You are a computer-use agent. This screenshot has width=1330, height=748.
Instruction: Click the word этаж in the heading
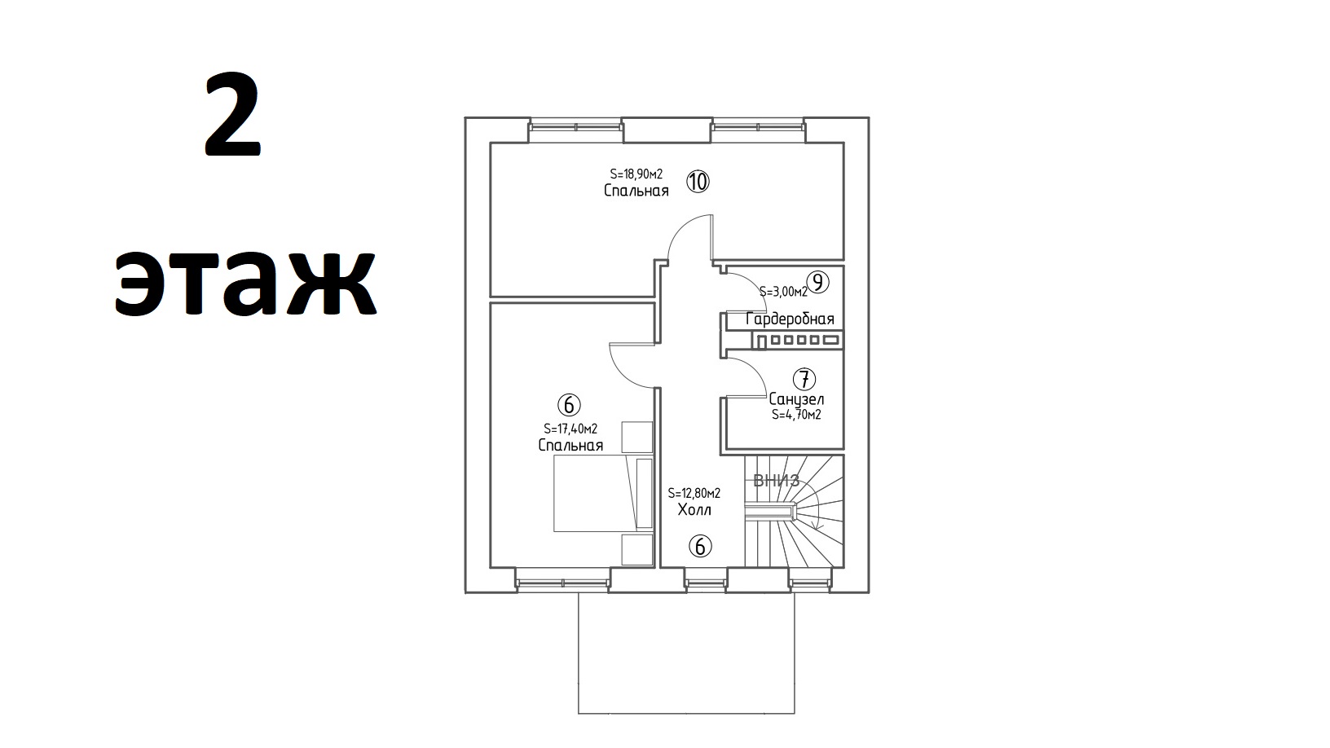(245, 284)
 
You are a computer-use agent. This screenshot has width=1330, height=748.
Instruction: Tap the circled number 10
(698, 181)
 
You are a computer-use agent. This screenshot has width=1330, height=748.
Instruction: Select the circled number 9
(817, 282)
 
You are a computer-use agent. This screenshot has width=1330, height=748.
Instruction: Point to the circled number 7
(804, 379)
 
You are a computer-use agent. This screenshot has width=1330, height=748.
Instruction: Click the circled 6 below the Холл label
(700, 546)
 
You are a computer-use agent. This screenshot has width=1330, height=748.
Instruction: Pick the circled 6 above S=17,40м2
(569, 405)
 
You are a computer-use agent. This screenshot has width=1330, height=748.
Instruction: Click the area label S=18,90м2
(636, 174)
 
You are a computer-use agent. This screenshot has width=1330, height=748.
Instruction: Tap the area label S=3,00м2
(783, 292)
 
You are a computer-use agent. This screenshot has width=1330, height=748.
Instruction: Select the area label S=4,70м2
(796, 415)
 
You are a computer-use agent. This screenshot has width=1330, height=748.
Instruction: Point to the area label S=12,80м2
(694, 493)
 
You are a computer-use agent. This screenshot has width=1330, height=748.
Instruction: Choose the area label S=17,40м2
(570, 429)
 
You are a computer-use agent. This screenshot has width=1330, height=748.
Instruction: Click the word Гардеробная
(790, 319)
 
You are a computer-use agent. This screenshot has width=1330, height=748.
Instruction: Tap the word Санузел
(796, 399)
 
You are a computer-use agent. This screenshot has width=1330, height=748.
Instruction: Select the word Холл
(694, 510)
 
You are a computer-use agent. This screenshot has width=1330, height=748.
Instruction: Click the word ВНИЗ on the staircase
(776, 480)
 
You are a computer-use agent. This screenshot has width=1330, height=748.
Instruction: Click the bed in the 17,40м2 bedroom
(603, 493)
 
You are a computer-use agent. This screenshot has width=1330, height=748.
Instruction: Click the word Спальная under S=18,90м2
(636, 191)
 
